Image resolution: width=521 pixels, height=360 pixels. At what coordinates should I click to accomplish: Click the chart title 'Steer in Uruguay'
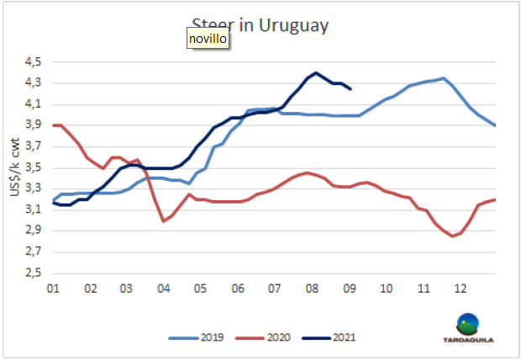point(260,24)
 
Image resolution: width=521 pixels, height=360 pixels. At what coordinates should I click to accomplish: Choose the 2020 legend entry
point(273,339)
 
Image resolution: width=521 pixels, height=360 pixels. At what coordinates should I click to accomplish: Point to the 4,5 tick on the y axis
point(32,62)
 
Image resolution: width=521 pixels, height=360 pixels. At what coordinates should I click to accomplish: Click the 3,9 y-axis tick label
point(32,125)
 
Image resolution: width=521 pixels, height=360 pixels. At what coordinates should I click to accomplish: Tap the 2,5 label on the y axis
point(32,273)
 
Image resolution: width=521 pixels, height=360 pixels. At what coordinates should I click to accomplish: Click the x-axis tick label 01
point(51,288)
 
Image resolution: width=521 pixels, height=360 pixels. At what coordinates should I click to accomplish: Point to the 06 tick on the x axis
point(238,288)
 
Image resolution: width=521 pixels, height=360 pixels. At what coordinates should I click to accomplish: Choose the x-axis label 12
point(460,288)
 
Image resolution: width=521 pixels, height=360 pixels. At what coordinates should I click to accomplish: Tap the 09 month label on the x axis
point(350,288)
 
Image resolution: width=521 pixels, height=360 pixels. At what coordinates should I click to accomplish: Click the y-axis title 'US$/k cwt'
point(13,168)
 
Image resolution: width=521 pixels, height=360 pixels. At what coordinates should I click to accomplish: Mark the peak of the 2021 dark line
point(316,72)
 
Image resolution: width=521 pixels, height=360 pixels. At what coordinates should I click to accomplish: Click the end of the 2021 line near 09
point(350,88)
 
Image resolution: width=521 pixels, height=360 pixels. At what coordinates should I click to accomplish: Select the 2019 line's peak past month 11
point(443,78)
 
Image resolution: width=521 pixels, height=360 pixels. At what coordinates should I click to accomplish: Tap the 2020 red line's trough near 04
point(163,221)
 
